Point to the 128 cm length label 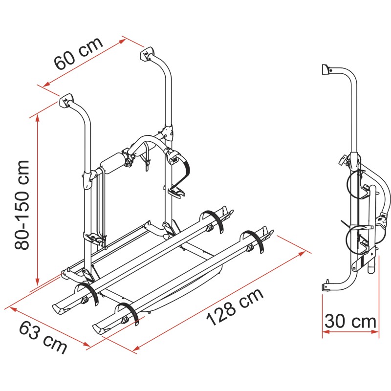click(x=235, y=307)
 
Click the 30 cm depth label click(x=351, y=321)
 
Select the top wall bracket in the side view click(x=325, y=69)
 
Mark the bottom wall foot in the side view click(x=326, y=288)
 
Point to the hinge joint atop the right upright click(x=168, y=131)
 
